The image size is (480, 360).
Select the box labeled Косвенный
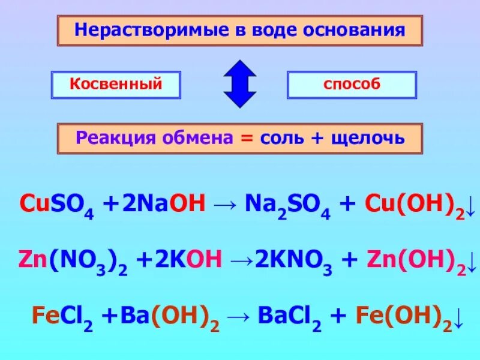point(116,85)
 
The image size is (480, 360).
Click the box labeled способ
point(352,85)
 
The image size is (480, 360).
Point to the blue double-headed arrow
point(239,84)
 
